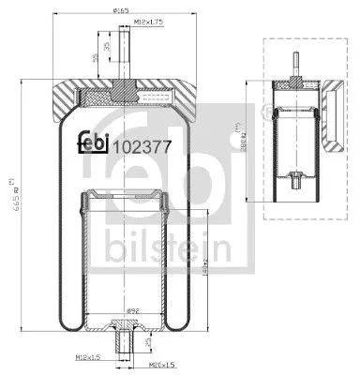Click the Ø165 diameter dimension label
point(121,9)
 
